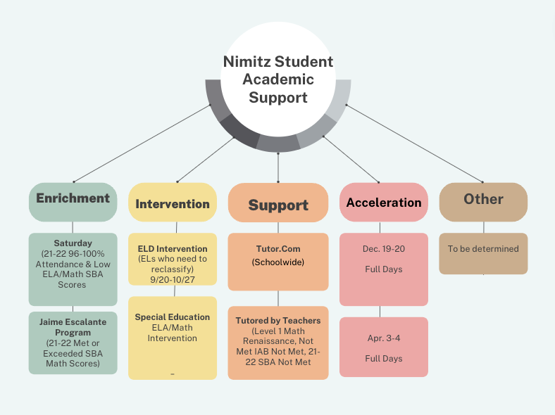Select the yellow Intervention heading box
point(173,202)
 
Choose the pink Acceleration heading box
point(384,202)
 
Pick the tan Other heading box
point(483,202)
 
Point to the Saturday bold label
point(73,243)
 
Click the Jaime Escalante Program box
point(73,343)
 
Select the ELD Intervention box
point(173,259)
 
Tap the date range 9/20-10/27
point(173,280)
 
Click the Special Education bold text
point(173,317)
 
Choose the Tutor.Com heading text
point(278,249)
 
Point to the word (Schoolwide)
point(278,262)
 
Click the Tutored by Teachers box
point(278,343)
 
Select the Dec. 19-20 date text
point(384,249)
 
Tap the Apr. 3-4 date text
point(384,338)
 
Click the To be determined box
point(483,253)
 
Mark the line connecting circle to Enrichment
point(142,143)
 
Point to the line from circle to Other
point(414,143)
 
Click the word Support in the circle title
point(278,98)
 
